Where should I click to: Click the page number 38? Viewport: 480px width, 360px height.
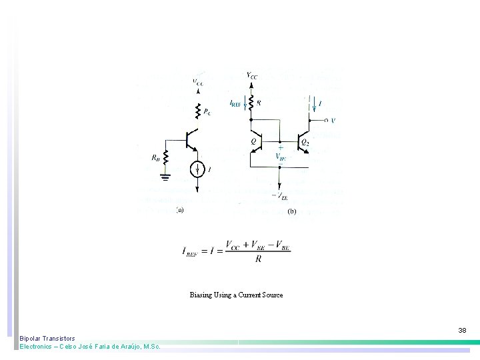pos(462,330)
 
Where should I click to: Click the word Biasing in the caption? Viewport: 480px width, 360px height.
pos(201,295)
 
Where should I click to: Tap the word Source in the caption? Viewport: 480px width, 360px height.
pos(272,295)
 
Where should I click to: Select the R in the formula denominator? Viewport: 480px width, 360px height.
pos(259,259)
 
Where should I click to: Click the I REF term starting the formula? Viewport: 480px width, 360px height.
pos(192,251)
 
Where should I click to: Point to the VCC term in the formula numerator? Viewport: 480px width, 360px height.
pos(235,245)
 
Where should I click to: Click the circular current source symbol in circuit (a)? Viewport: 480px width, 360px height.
pos(198,170)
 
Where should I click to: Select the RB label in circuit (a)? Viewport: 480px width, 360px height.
pos(155,159)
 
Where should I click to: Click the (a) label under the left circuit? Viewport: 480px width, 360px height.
pos(179,210)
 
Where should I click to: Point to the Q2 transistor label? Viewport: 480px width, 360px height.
pos(305,142)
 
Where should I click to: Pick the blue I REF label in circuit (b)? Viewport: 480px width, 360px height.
pos(235,104)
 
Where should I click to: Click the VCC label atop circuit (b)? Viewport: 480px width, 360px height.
pos(251,76)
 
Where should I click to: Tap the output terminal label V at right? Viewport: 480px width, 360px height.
pos(333,121)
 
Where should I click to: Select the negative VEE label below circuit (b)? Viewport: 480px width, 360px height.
pos(280,195)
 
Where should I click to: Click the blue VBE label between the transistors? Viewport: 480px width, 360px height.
pos(281,157)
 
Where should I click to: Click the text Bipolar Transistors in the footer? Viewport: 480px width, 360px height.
pos(47,339)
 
